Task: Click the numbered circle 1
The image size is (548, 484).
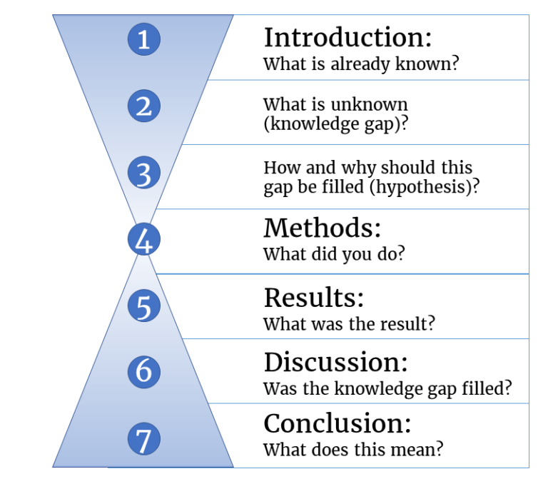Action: click(143, 39)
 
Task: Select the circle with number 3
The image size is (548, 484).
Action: click(143, 173)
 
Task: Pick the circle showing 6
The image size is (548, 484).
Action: click(143, 371)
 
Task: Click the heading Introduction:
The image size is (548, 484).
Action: click(347, 37)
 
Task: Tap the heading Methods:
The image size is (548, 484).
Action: click(322, 228)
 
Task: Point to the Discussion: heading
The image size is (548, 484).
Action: click(335, 363)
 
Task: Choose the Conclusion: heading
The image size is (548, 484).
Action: click(338, 424)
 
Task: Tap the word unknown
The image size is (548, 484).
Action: click(376, 104)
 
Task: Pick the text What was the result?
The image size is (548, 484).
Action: click(349, 323)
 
